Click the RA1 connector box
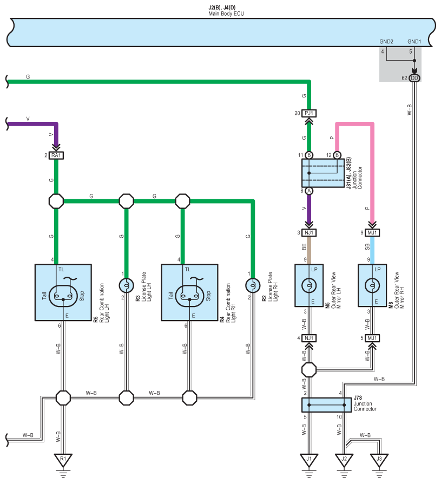(56, 155)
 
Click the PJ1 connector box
(309, 113)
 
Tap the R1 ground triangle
(63, 460)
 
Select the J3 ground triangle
(379, 460)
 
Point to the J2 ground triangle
(344, 460)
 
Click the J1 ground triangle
(309, 460)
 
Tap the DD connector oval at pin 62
(414, 78)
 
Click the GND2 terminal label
(386, 42)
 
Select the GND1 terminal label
(414, 42)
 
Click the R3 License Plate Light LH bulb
(127, 285)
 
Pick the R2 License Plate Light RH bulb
(253, 285)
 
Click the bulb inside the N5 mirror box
(309, 285)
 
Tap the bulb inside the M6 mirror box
(372, 285)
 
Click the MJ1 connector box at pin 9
(372, 233)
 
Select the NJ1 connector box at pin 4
(309, 338)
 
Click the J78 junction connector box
(326, 405)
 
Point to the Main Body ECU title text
(226, 14)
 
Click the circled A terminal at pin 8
(309, 191)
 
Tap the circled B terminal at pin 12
(337, 155)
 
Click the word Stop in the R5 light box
(82, 296)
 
